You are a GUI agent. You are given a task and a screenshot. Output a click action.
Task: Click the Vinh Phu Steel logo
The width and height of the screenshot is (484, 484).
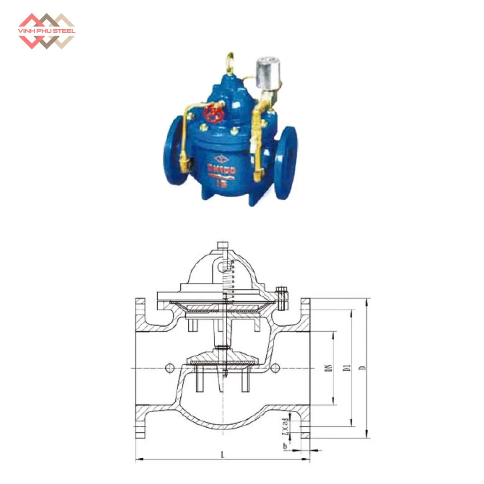47,31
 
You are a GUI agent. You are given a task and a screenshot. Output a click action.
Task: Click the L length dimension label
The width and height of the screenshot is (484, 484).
223,456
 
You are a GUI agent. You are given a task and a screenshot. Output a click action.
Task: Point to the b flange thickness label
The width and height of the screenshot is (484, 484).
285,447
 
